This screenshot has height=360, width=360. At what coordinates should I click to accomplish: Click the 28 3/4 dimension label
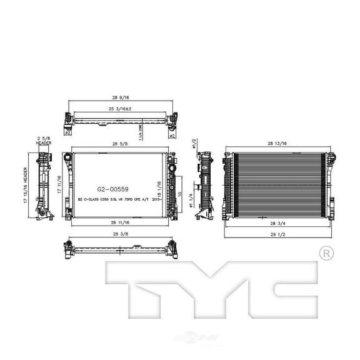pos(277,223)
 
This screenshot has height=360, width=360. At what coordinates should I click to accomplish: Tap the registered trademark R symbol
pos(326,254)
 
